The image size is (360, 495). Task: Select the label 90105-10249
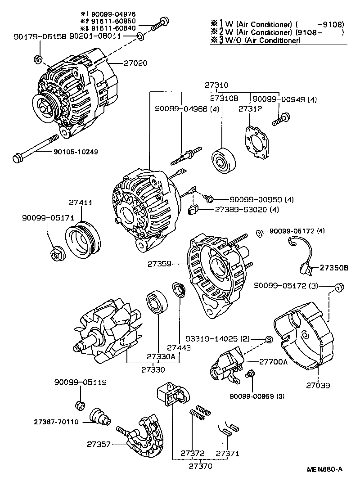79,152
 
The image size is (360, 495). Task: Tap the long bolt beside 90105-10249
36,147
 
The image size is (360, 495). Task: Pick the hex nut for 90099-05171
58,254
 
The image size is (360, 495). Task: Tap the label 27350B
334,268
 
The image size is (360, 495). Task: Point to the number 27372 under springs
192,453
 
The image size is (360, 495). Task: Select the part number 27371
228,453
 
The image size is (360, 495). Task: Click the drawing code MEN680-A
325,469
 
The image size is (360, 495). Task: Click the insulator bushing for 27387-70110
100,416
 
